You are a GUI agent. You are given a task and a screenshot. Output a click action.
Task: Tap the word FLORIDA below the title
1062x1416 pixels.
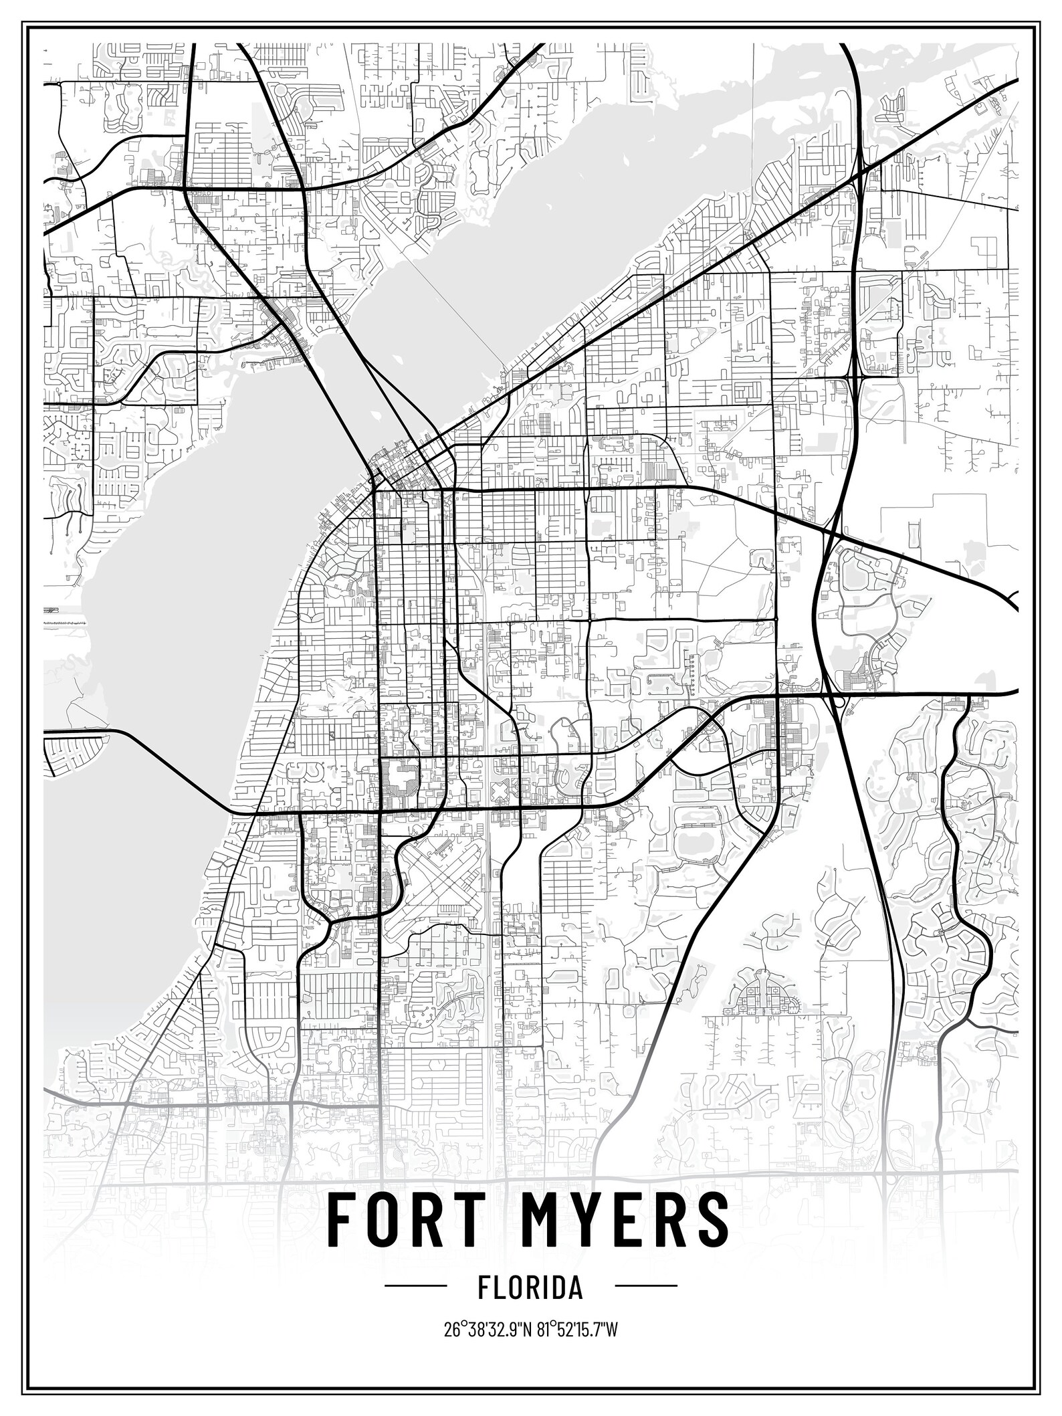[530, 1288]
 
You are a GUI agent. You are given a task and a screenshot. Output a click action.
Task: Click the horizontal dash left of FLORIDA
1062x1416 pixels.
[415, 1288]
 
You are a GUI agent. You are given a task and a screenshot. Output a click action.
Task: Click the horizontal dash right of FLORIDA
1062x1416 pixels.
[645, 1288]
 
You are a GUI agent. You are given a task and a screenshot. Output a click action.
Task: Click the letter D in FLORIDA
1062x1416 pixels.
[556, 1288]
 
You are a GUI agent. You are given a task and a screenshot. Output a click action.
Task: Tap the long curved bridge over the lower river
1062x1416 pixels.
[167, 769]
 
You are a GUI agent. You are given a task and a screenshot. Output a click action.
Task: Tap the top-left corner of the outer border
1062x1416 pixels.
[22, 22]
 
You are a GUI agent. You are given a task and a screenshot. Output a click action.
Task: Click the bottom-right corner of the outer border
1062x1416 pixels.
[1040, 1393]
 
